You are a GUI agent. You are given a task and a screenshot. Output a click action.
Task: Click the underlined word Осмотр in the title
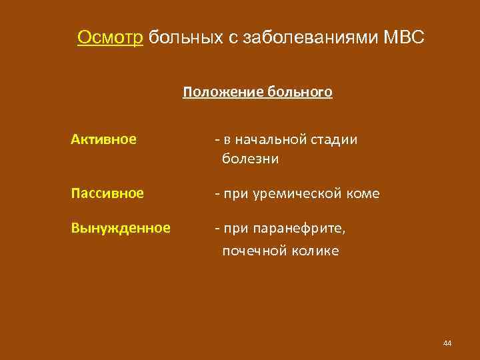point(110,37)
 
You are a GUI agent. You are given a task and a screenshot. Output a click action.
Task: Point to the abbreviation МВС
point(404,37)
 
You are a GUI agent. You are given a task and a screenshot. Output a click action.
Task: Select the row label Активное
point(105,139)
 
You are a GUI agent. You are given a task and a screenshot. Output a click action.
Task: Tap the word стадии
point(335,139)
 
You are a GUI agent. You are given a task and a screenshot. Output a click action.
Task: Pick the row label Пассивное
point(107,193)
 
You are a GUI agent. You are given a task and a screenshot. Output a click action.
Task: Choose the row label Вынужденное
point(121,228)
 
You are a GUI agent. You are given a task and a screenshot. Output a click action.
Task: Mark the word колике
point(315,251)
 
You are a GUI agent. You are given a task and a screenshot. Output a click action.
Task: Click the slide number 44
point(447,343)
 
